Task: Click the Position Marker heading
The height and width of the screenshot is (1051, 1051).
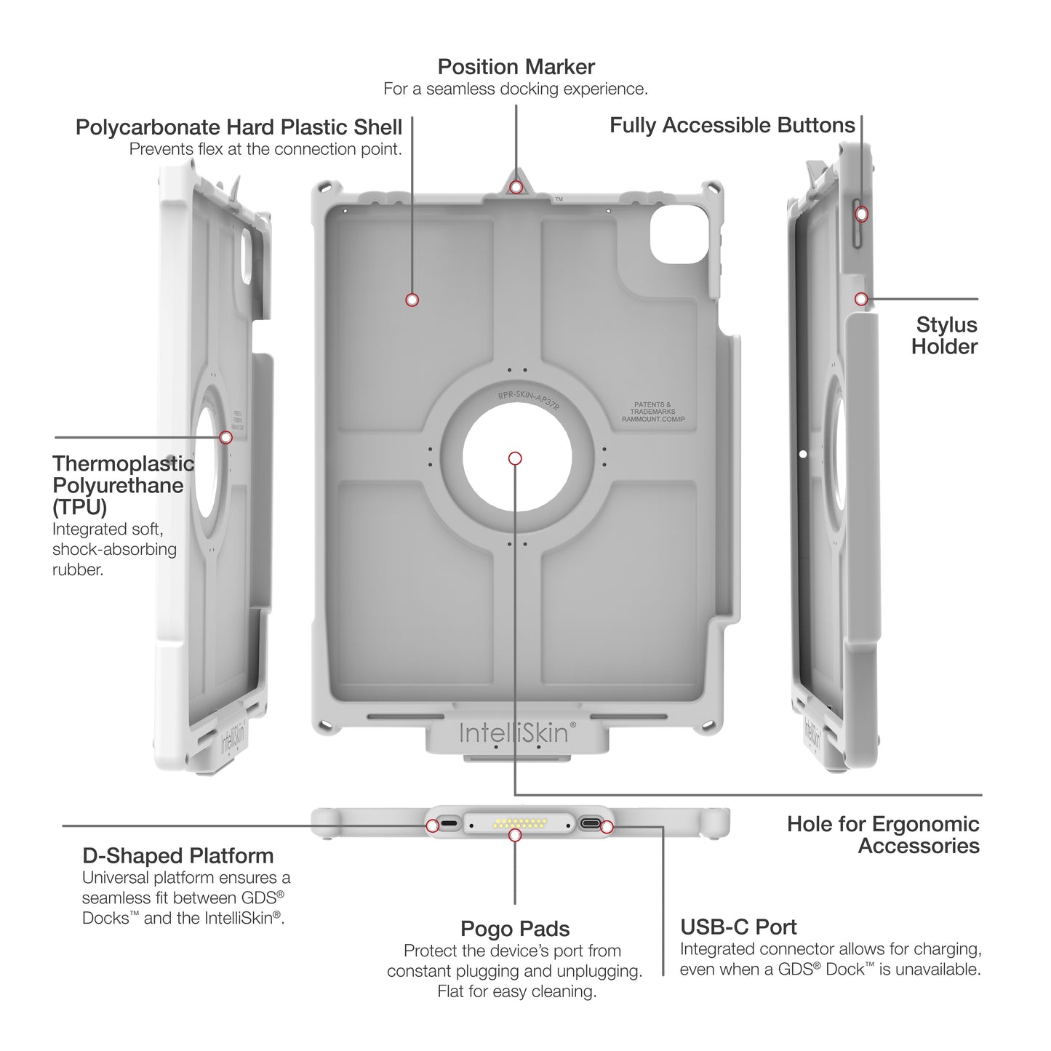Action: [x=516, y=67]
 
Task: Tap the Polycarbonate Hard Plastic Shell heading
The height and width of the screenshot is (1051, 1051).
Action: [x=239, y=127]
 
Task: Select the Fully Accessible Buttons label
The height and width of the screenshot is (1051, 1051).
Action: [x=732, y=125]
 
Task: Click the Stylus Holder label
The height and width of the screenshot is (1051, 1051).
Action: [x=944, y=335]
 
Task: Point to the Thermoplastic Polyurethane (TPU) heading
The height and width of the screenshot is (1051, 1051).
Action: [x=122, y=485]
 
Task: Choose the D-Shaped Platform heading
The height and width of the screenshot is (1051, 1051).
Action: [x=177, y=855]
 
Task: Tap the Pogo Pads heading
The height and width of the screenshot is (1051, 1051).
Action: [x=515, y=929]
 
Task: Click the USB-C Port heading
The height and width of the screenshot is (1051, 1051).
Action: [x=738, y=927]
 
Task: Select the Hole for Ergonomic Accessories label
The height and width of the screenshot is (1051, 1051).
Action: [x=883, y=835]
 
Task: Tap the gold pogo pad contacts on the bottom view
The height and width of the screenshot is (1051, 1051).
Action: [x=520, y=825]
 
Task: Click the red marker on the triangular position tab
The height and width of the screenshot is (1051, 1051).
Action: [x=516, y=188]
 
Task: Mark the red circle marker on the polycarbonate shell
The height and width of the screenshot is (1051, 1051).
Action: [x=412, y=300]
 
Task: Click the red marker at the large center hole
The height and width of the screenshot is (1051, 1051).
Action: [x=515, y=458]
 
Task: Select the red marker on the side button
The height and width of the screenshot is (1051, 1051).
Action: [x=862, y=214]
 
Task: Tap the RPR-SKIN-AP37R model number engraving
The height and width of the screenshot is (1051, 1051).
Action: [x=529, y=400]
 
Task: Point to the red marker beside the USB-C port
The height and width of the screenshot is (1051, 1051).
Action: [x=607, y=827]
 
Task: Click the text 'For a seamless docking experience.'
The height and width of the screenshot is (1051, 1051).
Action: [x=516, y=89]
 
